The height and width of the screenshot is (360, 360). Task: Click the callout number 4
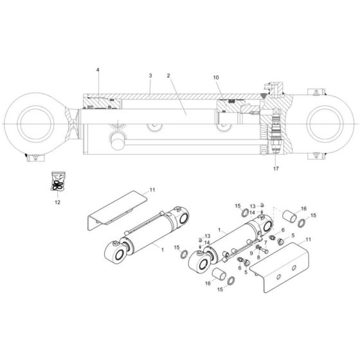[98, 69]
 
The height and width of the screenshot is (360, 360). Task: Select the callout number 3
[150, 76]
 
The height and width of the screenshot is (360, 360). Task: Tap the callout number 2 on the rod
[168, 76]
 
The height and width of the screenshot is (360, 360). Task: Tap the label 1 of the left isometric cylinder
[162, 249]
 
